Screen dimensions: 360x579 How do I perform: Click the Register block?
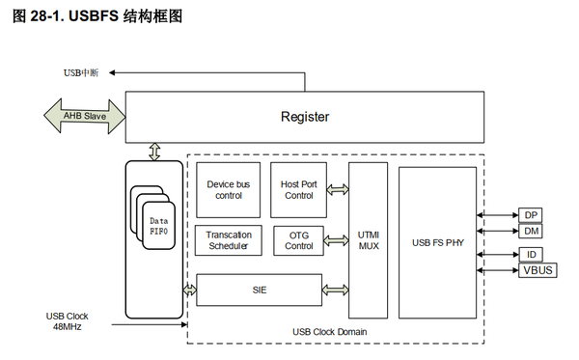304,117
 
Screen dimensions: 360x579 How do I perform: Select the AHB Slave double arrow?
84,117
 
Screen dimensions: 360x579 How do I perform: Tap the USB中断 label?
86,73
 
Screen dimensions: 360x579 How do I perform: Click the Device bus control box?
229,189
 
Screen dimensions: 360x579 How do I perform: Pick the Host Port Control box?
297,189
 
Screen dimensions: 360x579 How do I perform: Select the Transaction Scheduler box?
228,240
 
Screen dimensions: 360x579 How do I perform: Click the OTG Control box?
298,240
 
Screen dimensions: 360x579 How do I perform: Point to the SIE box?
258,289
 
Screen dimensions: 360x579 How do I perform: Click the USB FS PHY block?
437,240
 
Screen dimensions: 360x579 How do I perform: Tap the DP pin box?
531,214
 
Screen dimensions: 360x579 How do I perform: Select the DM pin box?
531,231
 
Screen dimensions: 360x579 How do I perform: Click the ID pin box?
531,254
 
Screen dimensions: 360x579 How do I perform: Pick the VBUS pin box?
537,270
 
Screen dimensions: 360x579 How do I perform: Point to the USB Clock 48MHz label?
68,321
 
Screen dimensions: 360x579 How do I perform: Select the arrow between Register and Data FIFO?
154,151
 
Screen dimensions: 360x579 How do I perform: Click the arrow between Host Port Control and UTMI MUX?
337,189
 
